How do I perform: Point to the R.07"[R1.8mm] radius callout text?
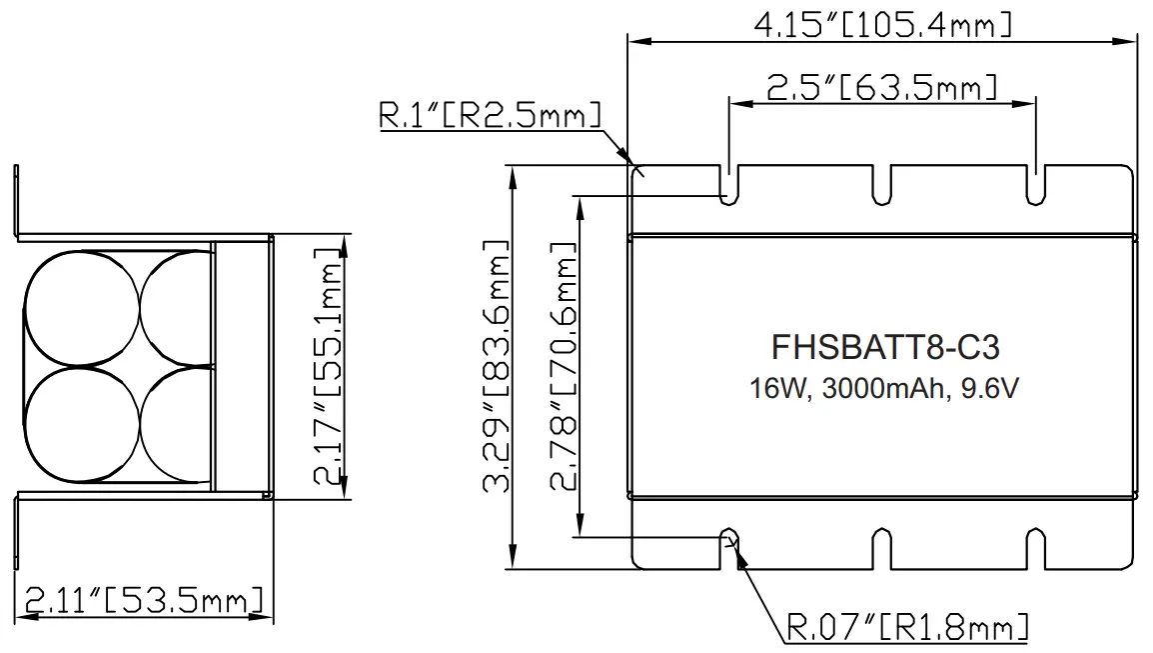pos(907,628)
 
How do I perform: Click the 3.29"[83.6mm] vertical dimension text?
pos(497,367)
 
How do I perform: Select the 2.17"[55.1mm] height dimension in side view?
pos(327,367)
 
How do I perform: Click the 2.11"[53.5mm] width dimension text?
pos(144,600)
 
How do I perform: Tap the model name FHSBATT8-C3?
pos(886,347)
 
